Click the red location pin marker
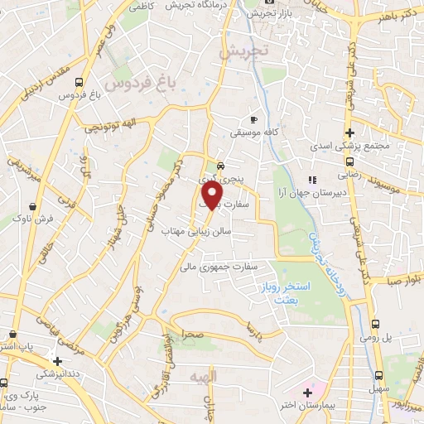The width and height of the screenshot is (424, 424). point(211,194)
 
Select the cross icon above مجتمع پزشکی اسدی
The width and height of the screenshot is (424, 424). point(349,132)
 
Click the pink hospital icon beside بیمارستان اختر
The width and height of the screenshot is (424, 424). point(309,391)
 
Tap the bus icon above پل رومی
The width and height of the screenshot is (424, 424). point(374,325)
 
